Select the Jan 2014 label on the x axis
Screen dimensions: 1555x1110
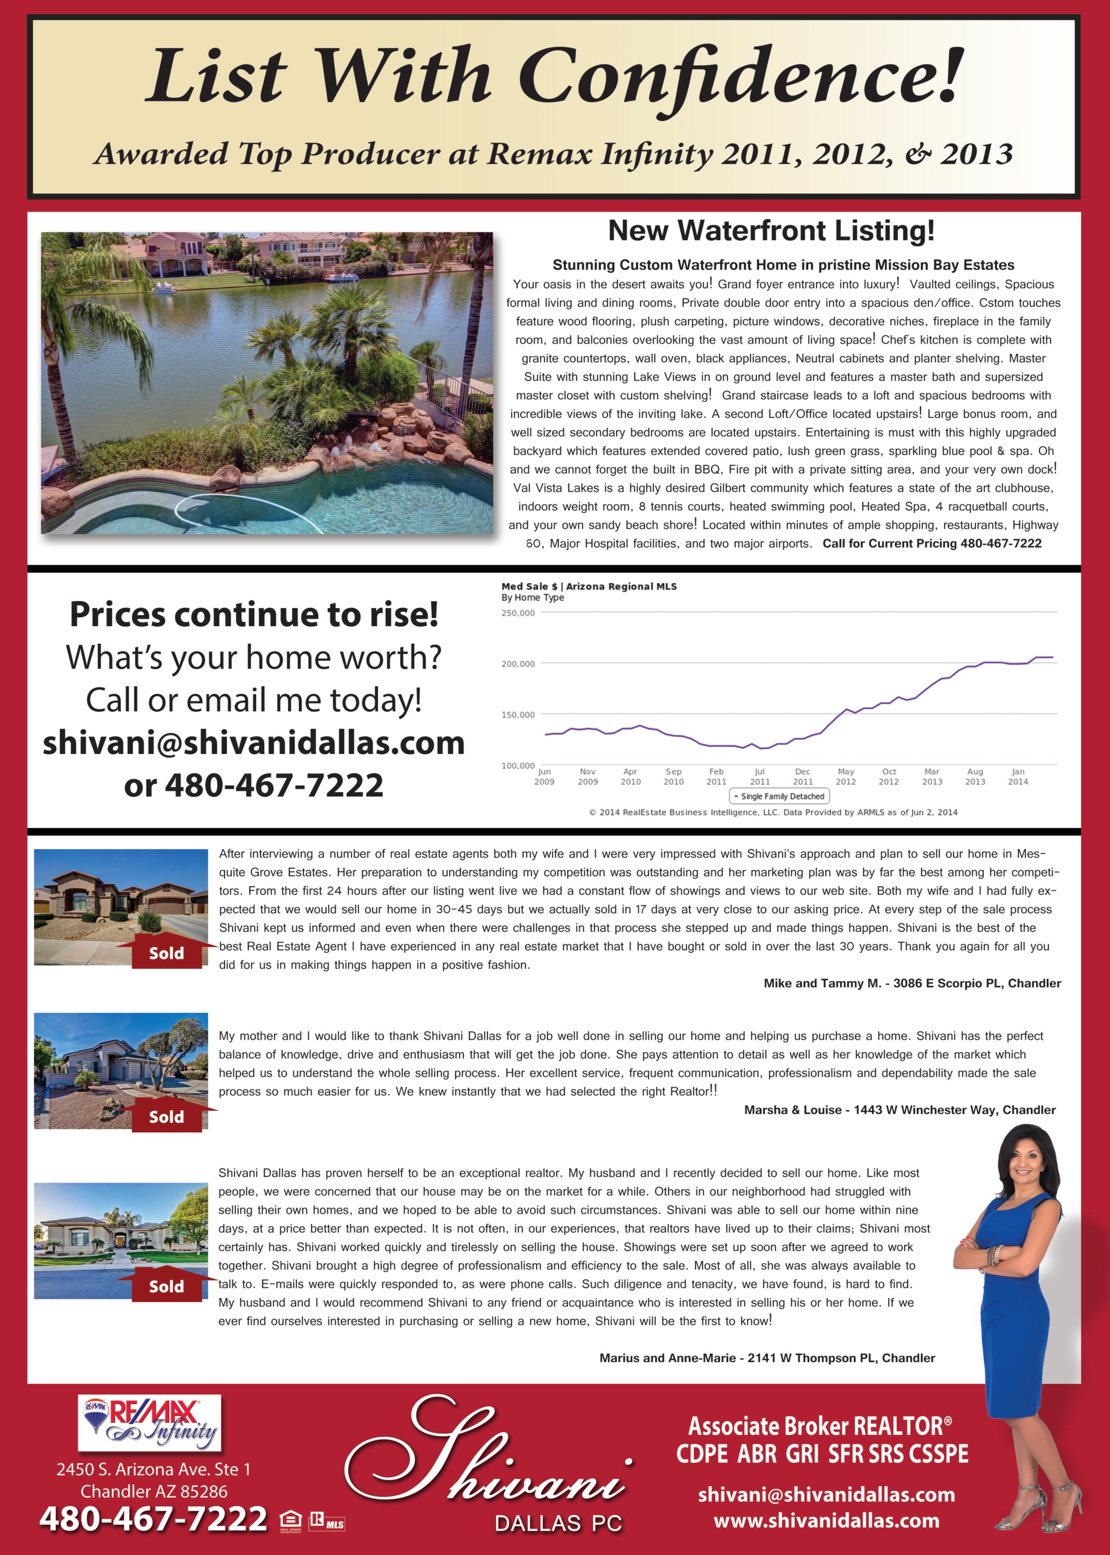click(x=1018, y=777)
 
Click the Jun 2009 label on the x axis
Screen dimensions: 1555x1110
click(x=544, y=777)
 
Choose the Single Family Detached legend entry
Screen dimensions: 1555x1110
click(x=779, y=796)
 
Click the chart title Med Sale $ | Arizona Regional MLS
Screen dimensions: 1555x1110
click(x=588, y=587)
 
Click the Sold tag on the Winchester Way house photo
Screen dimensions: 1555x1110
click(x=166, y=1117)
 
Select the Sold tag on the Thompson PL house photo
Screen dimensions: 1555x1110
click(x=166, y=1287)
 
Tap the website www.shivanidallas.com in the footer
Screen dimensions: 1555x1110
click(x=826, y=1521)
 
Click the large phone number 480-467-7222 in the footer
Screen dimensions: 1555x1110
click(x=153, y=1519)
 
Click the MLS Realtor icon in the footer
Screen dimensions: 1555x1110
click(x=327, y=1522)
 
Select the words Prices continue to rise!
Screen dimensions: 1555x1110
click(x=254, y=614)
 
